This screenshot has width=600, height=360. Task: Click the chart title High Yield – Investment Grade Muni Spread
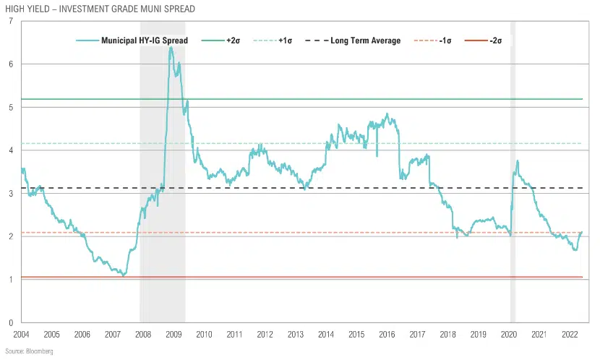[x=99, y=8]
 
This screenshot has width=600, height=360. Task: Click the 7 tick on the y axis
[x=10, y=21]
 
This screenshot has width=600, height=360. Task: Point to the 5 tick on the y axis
[x=10, y=108]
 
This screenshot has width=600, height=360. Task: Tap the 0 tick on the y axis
[x=10, y=323]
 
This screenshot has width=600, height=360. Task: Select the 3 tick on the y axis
[x=10, y=194]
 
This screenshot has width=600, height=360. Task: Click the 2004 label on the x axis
[x=21, y=335]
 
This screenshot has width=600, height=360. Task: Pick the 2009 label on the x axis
[x=173, y=335]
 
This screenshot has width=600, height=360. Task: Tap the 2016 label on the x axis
[x=387, y=335]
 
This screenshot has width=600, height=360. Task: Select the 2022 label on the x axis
[x=569, y=335]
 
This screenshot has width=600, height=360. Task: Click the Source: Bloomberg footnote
[x=28, y=351]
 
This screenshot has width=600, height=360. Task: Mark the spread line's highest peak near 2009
[x=171, y=48]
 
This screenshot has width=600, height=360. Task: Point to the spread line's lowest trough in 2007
[x=124, y=275]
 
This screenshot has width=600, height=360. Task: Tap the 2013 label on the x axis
[x=295, y=335]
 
